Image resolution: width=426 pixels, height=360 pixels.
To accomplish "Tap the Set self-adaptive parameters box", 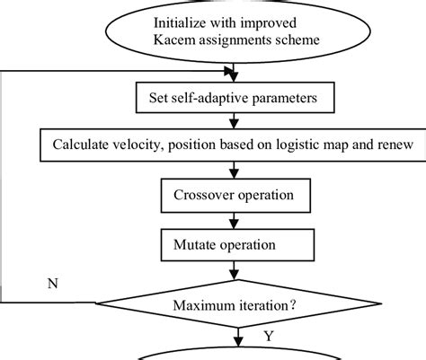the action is tap(235, 98).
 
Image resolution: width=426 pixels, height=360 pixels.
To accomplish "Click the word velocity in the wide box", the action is tap(138, 145).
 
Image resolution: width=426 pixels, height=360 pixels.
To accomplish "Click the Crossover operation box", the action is tap(235, 196).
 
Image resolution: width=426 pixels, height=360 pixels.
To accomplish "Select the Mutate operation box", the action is tap(237, 245).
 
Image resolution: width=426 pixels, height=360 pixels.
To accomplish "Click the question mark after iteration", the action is tap(293, 305).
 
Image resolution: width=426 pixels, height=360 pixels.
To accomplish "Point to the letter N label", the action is tap(53, 283).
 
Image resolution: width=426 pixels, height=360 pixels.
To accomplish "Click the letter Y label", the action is tap(269, 337).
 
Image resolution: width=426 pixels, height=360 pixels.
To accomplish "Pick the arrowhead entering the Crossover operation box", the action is tap(234, 174).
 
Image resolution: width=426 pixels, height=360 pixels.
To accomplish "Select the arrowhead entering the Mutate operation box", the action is tap(234, 224).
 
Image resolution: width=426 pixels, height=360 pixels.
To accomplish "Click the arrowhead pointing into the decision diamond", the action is tap(234, 275).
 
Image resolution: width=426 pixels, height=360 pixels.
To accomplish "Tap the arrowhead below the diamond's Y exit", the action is tap(238, 342).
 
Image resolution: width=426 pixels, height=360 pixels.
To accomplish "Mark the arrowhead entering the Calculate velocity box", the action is tap(234, 124).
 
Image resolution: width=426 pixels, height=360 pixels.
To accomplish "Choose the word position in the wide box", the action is tap(192, 145).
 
